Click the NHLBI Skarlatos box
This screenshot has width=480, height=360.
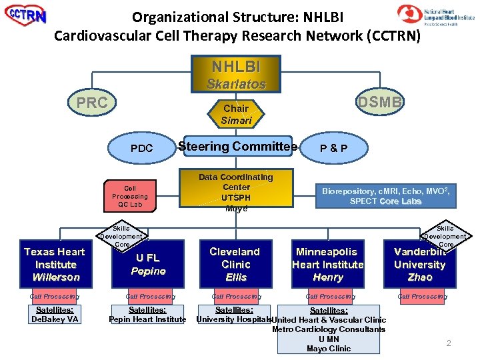[236, 74]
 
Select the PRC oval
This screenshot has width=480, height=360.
[93, 103]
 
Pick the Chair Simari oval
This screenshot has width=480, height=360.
[236, 114]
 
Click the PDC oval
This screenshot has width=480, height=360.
[141, 148]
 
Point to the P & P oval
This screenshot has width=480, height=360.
[333, 148]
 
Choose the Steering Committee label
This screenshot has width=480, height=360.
[236, 147]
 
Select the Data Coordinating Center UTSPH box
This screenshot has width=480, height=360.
[236, 193]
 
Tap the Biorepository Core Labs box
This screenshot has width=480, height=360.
[386, 196]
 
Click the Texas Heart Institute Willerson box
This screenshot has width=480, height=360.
[55, 264]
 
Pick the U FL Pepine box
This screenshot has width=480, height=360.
[147, 264]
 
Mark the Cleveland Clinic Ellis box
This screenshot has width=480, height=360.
[236, 264]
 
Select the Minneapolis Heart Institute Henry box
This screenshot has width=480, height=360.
[327, 264]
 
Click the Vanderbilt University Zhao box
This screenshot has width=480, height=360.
[419, 264]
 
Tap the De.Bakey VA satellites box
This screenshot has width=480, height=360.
[55, 314]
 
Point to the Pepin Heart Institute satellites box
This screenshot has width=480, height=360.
[147, 314]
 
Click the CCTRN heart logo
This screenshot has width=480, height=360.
[26, 16]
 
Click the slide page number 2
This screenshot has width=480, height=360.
[449, 343]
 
